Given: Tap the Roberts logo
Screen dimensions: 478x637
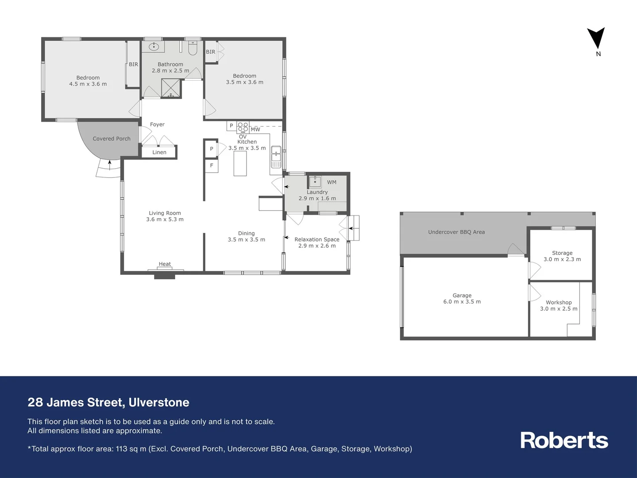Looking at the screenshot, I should pyautogui.click(x=564, y=440).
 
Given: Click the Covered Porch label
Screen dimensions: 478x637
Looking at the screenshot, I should pyautogui.click(x=112, y=139).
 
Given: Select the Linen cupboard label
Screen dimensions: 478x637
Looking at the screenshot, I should pyautogui.click(x=159, y=152).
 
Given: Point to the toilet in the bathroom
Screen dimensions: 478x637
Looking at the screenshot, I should pyautogui.click(x=193, y=48).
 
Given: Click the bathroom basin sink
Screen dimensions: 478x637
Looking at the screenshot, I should pyautogui.click(x=154, y=46).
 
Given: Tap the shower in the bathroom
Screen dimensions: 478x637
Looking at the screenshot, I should pyautogui.click(x=171, y=88).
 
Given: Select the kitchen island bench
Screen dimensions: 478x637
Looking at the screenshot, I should pyautogui.click(x=240, y=163).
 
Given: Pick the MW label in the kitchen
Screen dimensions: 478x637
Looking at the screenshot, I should pyautogui.click(x=255, y=129).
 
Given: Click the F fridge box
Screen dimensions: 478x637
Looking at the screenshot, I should pyautogui.click(x=212, y=166).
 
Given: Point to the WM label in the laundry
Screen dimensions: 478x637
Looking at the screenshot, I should pyautogui.click(x=332, y=182).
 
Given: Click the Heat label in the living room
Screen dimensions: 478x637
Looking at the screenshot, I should pyautogui.click(x=165, y=264).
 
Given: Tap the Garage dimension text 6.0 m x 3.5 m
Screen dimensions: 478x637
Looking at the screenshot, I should pyautogui.click(x=462, y=302).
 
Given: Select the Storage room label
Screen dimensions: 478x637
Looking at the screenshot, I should pyautogui.click(x=562, y=253).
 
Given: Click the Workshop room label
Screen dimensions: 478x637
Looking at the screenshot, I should pyautogui.click(x=559, y=302).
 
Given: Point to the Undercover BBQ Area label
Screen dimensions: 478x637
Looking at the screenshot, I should pyautogui.click(x=456, y=232).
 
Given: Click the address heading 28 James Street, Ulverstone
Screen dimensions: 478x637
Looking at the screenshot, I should pyautogui.click(x=108, y=402).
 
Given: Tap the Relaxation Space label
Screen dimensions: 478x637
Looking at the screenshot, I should pyautogui.click(x=317, y=239).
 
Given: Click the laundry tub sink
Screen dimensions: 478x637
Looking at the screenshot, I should pyautogui.click(x=315, y=181).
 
